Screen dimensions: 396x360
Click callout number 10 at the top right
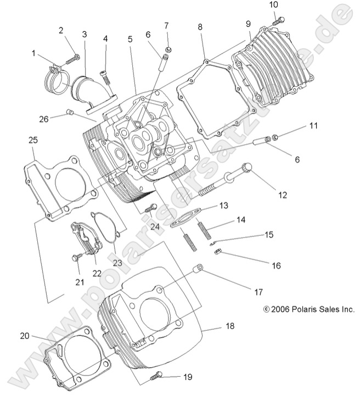click(273, 5)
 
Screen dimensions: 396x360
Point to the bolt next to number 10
click(278, 20)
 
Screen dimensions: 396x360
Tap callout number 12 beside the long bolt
click(283, 194)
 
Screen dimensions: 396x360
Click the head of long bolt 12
click(248, 167)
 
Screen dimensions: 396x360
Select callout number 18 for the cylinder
click(229, 326)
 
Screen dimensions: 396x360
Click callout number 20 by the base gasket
click(25, 336)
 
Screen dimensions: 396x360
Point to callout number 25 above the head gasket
click(32, 141)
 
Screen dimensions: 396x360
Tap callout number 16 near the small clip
click(276, 265)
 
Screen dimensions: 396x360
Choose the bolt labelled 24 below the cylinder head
click(150, 208)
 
